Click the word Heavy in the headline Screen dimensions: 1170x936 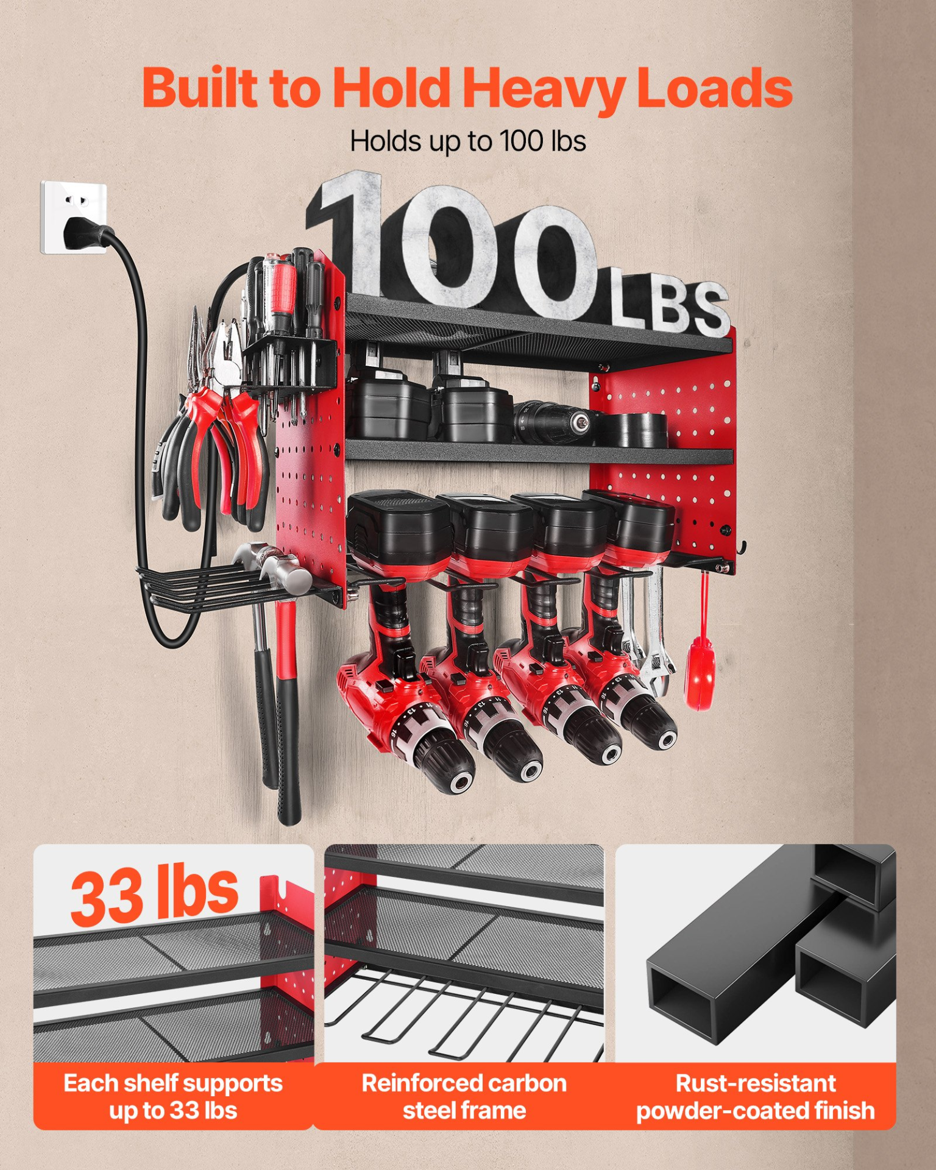(x=544, y=89)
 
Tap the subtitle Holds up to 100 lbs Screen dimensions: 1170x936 (x=467, y=141)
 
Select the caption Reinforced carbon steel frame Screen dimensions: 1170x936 (x=464, y=1096)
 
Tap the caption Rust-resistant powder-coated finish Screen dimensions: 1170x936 (x=756, y=1096)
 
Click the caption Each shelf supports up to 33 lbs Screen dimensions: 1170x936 (x=173, y=1096)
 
